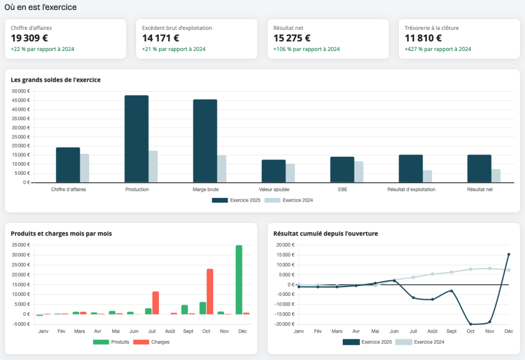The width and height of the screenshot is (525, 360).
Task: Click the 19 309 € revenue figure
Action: [x=29, y=38]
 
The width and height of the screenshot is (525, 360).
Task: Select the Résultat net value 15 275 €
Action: [x=291, y=38]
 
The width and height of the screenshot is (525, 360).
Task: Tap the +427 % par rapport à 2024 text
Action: [x=438, y=49]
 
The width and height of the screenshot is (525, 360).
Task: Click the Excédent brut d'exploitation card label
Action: [x=177, y=28]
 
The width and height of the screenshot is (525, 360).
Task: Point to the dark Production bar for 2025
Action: [x=136, y=139]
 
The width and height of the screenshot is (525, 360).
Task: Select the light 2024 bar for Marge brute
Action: [x=222, y=169]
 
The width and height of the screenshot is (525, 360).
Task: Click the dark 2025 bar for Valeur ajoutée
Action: [x=274, y=171]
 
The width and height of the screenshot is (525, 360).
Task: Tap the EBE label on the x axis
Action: [x=342, y=189]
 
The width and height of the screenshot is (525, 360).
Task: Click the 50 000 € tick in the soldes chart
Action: [x=21, y=91]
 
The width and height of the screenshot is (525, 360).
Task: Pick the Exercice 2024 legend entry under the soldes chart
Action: [x=289, y=200]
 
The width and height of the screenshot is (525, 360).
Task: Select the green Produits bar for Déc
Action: [x=239, y=280]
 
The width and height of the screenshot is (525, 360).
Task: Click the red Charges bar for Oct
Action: [x=210, y=292]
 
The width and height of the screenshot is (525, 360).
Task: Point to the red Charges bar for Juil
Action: [x=156, y=303]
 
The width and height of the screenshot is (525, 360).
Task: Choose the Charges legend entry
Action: [x=151, y=342]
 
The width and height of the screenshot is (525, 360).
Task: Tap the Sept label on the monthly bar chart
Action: [x=188, y=331]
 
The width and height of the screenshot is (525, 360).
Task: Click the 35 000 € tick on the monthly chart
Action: [x=21, y=245]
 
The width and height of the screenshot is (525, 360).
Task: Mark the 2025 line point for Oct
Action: [x=470, y=324]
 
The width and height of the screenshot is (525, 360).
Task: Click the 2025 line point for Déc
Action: [x=509, y=255]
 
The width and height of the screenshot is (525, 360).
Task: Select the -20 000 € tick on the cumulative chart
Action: [x=284, y=324]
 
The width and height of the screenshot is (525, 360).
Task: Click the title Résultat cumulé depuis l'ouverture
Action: [x=325, y=234]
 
